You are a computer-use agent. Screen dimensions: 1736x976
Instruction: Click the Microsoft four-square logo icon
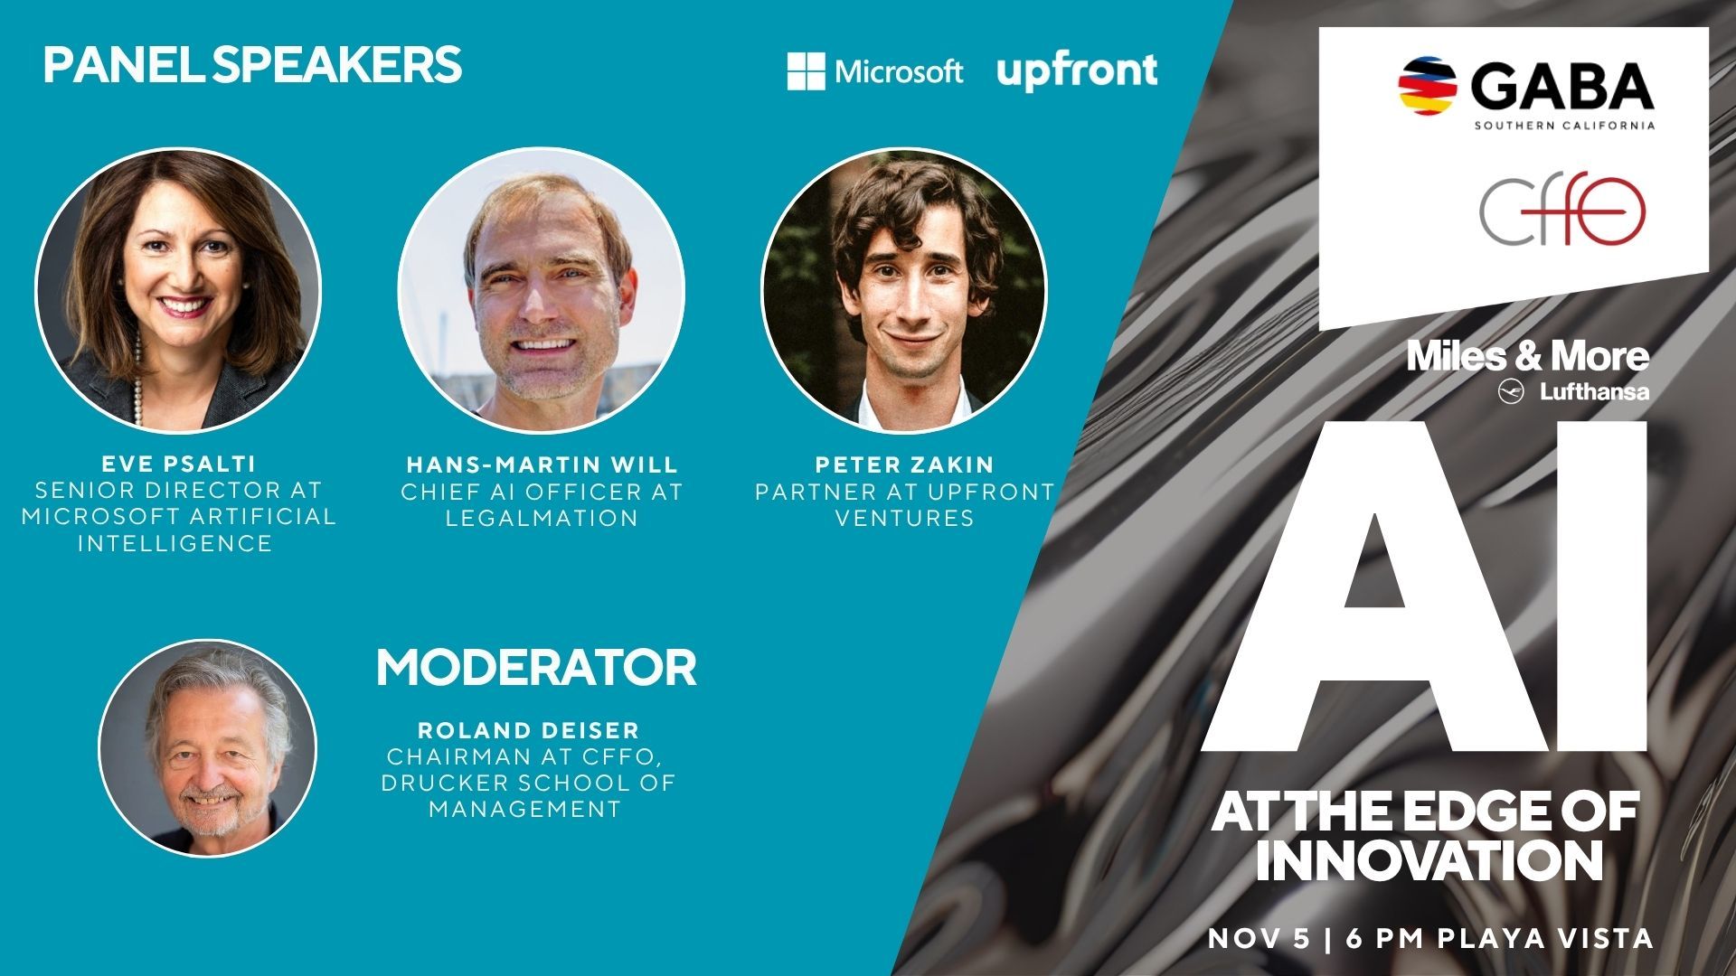pyautogui.click(x=806, y=71)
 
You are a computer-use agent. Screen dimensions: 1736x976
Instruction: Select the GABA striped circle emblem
pyautogui.click(x=1427, y=89)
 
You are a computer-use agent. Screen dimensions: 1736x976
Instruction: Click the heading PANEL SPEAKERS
pyautogui.click(x=252, y=65)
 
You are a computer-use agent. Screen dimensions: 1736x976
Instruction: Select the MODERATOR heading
pyautogui.click(x=536, y=668)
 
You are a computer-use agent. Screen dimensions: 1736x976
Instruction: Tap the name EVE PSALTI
pyautogui.click(x=179, y=464)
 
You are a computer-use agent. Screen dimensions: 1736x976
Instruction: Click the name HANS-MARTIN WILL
pyautogui.click(x=542, y=465)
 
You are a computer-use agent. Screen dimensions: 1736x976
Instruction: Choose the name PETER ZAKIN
pyautogui.click(x=905, y=465)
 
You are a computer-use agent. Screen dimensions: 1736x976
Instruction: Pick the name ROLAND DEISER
pyautogui.click(x=529, y=729)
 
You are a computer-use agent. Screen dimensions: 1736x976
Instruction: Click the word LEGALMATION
pyautogui.click(x=542, y=518)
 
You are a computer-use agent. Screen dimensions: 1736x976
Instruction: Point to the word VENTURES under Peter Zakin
pyautogui.click(x=905, y=518)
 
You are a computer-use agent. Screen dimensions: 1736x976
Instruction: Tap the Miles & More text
pyautogui.click(x=1528, y=356)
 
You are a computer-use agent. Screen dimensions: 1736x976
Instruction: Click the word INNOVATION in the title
pyautogui.click(x=1429, y=861)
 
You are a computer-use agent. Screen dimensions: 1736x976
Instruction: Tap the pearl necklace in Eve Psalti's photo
pyautogui.click(x=138, y=379)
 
